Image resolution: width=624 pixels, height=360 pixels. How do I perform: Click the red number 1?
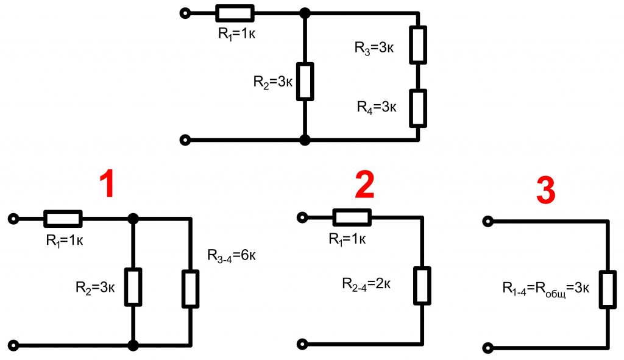point(108,184)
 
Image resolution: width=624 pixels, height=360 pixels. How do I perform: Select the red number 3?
point(545,191)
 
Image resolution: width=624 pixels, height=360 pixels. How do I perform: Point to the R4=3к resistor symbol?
point(417,107)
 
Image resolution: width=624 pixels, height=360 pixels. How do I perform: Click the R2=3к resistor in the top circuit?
point(305,81)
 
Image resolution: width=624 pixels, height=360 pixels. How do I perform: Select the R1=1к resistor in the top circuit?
point(235,13)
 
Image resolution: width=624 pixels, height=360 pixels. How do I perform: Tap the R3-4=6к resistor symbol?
point(191,289)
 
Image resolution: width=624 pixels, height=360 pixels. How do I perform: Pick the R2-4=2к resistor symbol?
point(422,285)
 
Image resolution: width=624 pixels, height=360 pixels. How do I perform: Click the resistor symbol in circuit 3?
point(608,289)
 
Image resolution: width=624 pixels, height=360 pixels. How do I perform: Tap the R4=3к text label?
point(377,107)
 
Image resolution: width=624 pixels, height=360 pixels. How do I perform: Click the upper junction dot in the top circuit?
point(305,13)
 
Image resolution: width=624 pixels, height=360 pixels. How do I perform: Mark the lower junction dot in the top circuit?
point(305,140)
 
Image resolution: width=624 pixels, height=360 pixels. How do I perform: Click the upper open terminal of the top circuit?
point(185,13)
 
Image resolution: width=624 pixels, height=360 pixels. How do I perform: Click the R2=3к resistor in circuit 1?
point(133,286)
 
